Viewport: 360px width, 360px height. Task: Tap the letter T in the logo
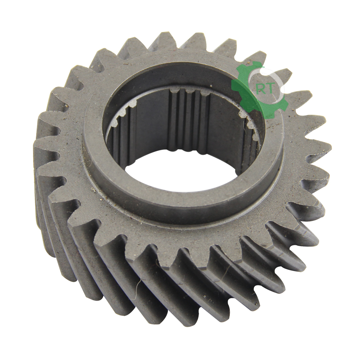pyautogui.click(x=270, y=89)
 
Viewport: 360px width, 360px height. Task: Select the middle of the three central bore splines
pyautogui.click(x=189, y=119)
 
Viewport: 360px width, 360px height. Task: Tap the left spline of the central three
pyautogui.click(x=175, y=119)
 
